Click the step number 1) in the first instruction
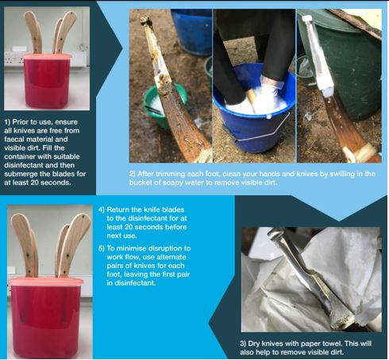[7, 122]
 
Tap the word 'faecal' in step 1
[13, 139]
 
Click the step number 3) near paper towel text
[243, 343]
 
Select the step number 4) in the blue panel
[102, 209]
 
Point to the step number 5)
[102, 248]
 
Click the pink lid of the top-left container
[48, 56]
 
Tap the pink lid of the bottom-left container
[46, 281]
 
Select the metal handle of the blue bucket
[262, 129]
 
